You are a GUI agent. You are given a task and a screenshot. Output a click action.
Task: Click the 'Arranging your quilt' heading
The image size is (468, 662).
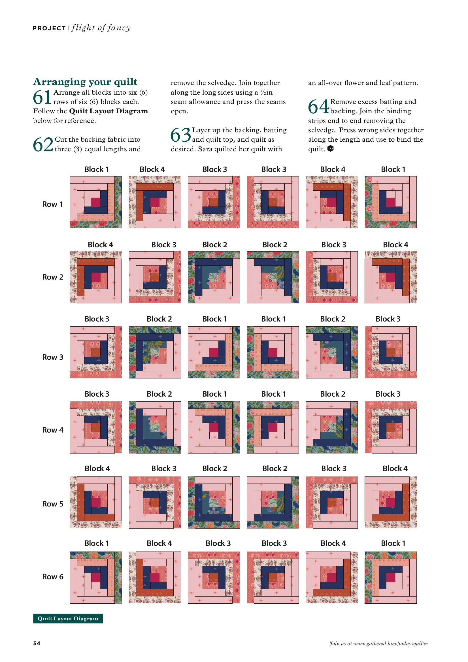[x=85, y=82]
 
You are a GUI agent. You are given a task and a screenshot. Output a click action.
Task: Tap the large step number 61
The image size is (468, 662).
[x=42, y=97]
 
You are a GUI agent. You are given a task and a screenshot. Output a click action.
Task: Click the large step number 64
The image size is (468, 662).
[x=318, y=107]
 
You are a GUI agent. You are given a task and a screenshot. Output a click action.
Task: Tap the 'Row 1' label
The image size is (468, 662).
[x=52, y=204]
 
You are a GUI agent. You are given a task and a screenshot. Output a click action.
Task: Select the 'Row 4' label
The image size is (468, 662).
[x=53, y=430]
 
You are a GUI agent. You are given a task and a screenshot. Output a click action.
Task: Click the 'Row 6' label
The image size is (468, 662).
[x=53, y=577]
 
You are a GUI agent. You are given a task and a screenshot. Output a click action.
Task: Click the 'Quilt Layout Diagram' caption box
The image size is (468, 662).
[x=68, y=618]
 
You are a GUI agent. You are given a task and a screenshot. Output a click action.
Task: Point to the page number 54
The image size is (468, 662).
[x=37, y=643]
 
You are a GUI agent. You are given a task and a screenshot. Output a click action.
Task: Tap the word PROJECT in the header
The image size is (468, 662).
[x=49, y=28]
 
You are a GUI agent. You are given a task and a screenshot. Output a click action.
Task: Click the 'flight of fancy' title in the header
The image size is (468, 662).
[x=101, y=28]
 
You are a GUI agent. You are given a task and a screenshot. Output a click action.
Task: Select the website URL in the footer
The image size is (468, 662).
[x=378, y=644]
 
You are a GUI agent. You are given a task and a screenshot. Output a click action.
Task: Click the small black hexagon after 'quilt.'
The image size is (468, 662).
[x=330, y=148]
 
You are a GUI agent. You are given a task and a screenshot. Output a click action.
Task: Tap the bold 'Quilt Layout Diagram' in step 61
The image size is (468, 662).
[x=109, y=111]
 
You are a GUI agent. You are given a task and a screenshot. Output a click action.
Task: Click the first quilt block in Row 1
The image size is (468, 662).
[x=96, y=202]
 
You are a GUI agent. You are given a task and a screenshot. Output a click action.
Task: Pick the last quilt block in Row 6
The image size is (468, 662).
[x=390, y=577]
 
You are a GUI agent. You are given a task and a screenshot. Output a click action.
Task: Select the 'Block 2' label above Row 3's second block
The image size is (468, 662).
[x=159, y=319]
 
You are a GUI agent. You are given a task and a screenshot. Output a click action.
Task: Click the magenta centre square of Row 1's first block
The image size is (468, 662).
[x=96, y=202]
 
